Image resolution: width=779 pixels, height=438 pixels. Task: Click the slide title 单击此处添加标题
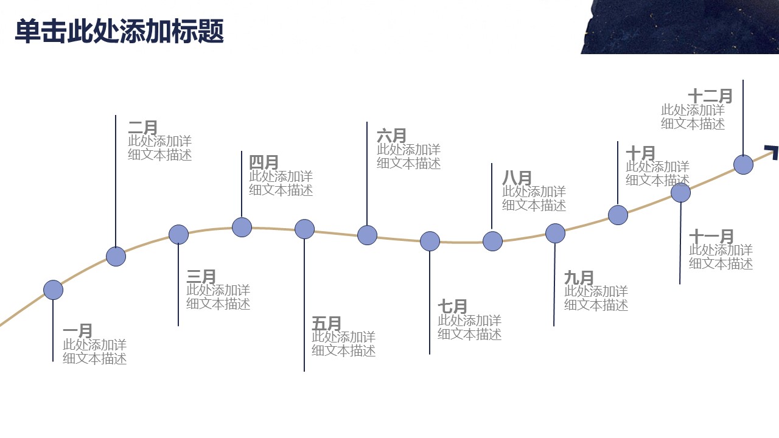pos(119,31)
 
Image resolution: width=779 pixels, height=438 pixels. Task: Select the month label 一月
pos(77,330)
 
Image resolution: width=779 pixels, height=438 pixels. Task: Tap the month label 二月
pos(143,127)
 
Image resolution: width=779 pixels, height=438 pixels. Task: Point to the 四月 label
pos(264,162)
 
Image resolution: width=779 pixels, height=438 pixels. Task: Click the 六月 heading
pos(391,136)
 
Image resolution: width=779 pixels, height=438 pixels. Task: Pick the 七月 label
pos(452,306)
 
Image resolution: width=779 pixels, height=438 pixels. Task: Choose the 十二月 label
pos(710,96)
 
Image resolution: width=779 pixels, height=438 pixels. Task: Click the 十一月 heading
pos(711,236)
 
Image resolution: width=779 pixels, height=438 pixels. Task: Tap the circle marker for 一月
pos(53,290)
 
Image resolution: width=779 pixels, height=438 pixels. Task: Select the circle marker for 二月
pos(116,257)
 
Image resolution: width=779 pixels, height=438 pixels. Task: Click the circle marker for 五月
pos(305,229)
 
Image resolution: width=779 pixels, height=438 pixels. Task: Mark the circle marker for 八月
pos(493,241)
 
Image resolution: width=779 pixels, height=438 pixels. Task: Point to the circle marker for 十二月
pos(744,164)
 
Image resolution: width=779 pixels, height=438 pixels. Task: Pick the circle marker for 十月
pos(618,215)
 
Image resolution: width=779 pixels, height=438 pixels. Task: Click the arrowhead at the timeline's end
pos(772,152)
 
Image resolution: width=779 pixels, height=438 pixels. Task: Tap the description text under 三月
pos(218,297)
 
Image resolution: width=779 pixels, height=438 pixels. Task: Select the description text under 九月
pos(596,298)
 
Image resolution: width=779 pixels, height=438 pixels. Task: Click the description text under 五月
pos(344,344)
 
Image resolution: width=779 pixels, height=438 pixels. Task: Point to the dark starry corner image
pos(680,27)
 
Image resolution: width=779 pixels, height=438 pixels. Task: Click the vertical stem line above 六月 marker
pos(367,173)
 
